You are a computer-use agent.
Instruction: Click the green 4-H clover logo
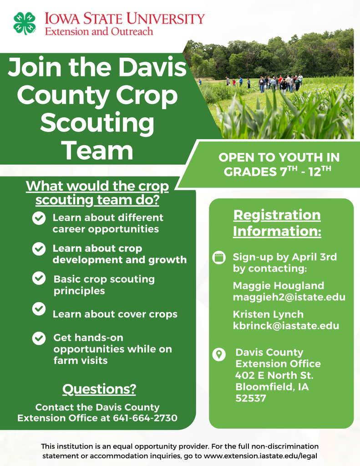[25, 23]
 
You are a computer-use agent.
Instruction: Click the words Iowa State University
[124, 19]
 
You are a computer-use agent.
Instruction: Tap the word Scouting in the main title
[97, 123]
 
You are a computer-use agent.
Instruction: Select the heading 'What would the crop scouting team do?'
[97, 193]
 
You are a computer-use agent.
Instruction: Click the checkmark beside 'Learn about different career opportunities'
[39, 218]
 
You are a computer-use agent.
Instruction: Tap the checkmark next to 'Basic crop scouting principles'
[39, 279]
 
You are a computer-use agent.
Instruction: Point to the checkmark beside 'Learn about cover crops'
[39, 309]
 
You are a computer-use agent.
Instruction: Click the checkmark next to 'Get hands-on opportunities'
[39, 339]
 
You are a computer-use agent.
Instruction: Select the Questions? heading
[99, 390]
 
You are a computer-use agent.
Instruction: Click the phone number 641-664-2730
[145, 418]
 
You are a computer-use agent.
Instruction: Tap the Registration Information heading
[277, 223]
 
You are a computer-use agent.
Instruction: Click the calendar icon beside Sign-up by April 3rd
[219, 258]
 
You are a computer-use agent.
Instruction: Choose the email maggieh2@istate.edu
[289, 297]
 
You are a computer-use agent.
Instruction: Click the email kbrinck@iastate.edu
[286, 326]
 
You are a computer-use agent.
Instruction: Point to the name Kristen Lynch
[268, 314]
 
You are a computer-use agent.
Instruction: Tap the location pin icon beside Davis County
[219, 354]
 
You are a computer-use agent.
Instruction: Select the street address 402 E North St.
[274, 375]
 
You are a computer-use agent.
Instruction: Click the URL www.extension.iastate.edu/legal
[260, 456]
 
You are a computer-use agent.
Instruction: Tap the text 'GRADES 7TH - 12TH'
[279, 172]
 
